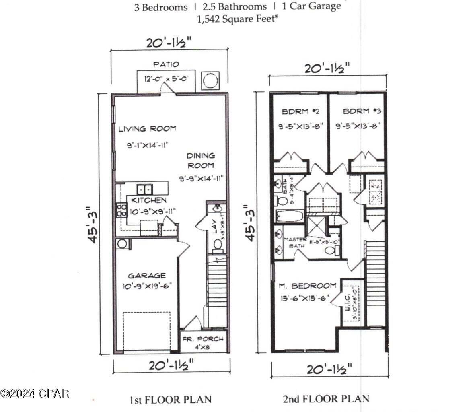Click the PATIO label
[x=166, y=64]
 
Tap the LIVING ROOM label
[x=147, y=129]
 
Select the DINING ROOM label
[x=200, y=160]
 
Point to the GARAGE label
[x=146, y=276]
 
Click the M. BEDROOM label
[x=308, y=286]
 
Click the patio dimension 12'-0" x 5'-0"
[x=165, y=79]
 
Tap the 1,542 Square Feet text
[x=237, y=19]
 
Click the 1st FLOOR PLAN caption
[x=171, y=400]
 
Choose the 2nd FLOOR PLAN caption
[x=326, y=399]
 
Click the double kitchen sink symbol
[x=144, y=189]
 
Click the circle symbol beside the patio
[x=210, y=81]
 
